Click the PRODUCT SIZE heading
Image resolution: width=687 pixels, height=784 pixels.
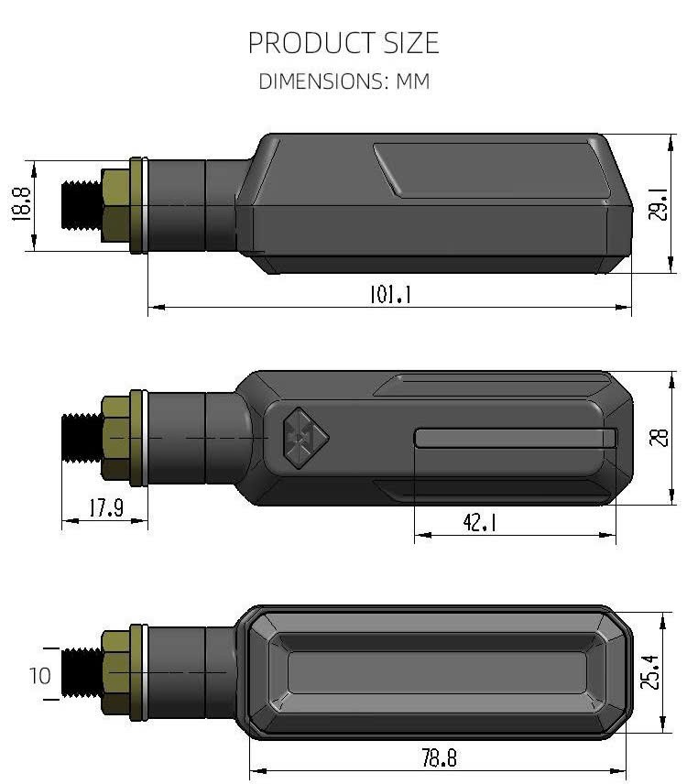[343, 43]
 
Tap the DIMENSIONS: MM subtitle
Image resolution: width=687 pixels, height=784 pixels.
[344, 82]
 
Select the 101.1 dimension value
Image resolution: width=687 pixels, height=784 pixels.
[390, 294]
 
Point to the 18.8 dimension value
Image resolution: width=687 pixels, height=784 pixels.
[21, 204]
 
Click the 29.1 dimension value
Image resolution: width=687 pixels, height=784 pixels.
[658, 204]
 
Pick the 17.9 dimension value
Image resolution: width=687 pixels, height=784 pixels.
[106, 508]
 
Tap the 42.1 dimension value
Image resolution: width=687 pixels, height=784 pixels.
[480, 522]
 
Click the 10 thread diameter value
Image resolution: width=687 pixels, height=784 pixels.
[40, 676]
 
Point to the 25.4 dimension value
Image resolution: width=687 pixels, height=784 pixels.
[650, 672]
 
